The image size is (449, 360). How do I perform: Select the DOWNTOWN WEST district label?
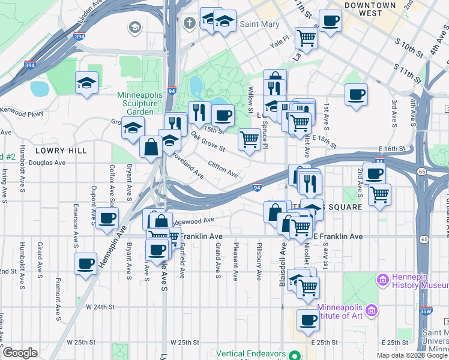click(x=370, y=9)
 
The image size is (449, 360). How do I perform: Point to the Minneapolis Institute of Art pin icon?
click(x=372, y=310)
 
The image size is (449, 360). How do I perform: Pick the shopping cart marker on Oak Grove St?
click(x=250, y=140)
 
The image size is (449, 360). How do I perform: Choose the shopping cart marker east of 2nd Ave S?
click(x=379, y=194)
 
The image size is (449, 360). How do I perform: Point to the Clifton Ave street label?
click(x=222, y=170)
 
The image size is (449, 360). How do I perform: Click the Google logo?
click(x=20, y=353)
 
